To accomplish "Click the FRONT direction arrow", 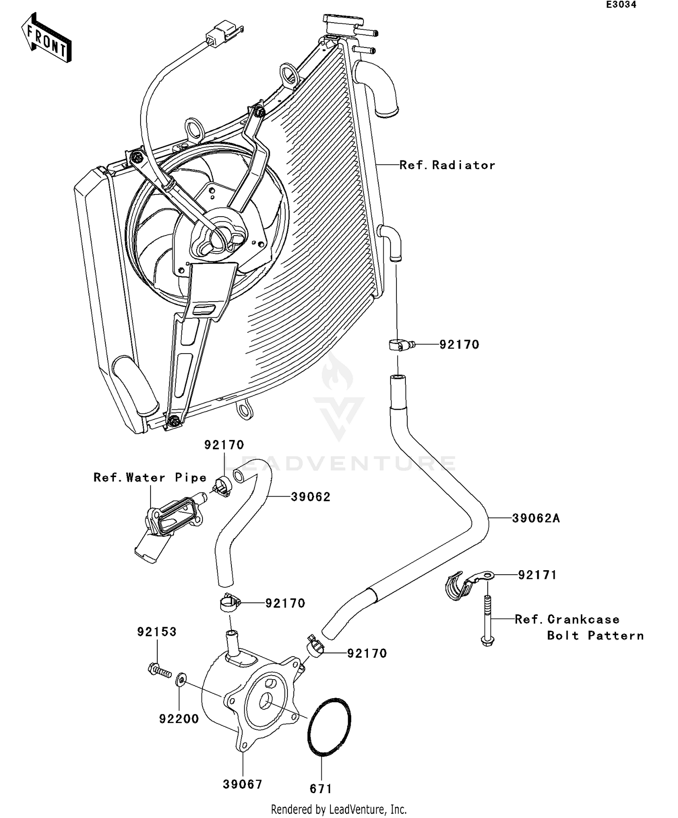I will [47, 38].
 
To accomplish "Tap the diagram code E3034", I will [621, 5].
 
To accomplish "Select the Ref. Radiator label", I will [447, 165].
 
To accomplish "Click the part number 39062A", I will [536, 519].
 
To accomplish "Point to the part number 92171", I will [537, 575].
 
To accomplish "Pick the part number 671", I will [321, 789].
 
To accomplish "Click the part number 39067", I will [243, 784].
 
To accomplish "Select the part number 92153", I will [157, 632].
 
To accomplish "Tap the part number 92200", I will [179, 719].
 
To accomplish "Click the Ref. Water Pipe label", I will [150, 478].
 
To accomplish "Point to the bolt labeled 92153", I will [159, 670].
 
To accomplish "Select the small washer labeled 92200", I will [181, 679].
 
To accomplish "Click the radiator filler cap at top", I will [343, 22].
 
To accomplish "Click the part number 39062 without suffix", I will [311, 497].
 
